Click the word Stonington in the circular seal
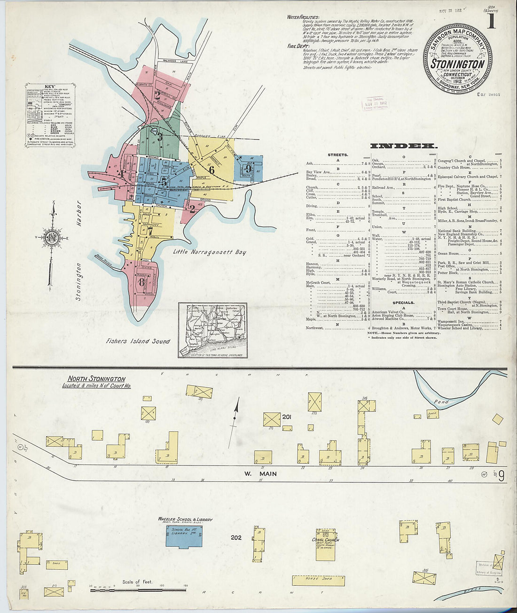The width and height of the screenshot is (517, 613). pyautogui.click(x=458, y=64)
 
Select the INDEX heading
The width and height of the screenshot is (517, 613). pyautogui.click(x=404, y=146)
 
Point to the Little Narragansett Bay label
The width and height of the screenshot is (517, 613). pyautogui.click(x=209, y=252)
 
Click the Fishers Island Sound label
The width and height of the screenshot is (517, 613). pyautogui.click(x=138, y=341)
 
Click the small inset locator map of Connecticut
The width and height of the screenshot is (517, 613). pyautogui.click(x=212, y=330)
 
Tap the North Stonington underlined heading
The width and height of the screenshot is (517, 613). pyautogui.click(x=96, y=379)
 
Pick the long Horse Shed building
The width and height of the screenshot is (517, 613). pyautogui.click(x=318, y=580)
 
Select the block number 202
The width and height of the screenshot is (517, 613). pyautogui.click(x=236, y=537)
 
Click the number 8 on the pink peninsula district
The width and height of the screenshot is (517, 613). pyautogui.click(x=141, y=282)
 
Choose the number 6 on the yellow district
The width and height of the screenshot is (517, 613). pyautogui.click(x=211, y=171)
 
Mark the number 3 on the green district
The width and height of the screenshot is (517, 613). pyautogui.click(x=160, y=137)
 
